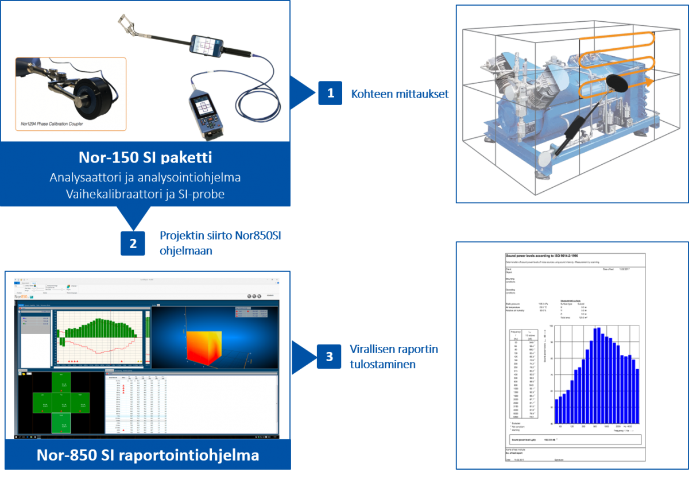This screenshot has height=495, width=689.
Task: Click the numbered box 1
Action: (330, 93)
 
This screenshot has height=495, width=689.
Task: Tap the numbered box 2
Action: (133, 243)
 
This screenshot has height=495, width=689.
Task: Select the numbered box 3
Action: (329, 357)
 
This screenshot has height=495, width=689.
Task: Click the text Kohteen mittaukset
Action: (400, 94)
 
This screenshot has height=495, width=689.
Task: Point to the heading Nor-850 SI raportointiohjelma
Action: (148, 455)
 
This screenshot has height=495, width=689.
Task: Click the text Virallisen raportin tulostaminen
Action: (394, 357)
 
